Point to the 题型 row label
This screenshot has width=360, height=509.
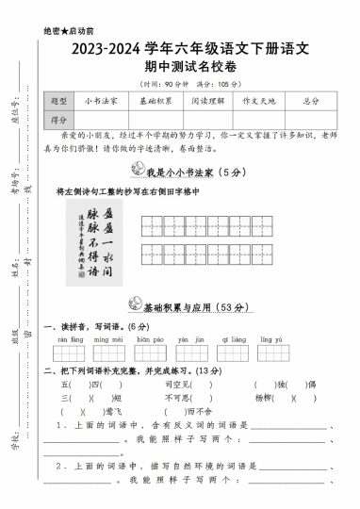pos(59,100)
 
